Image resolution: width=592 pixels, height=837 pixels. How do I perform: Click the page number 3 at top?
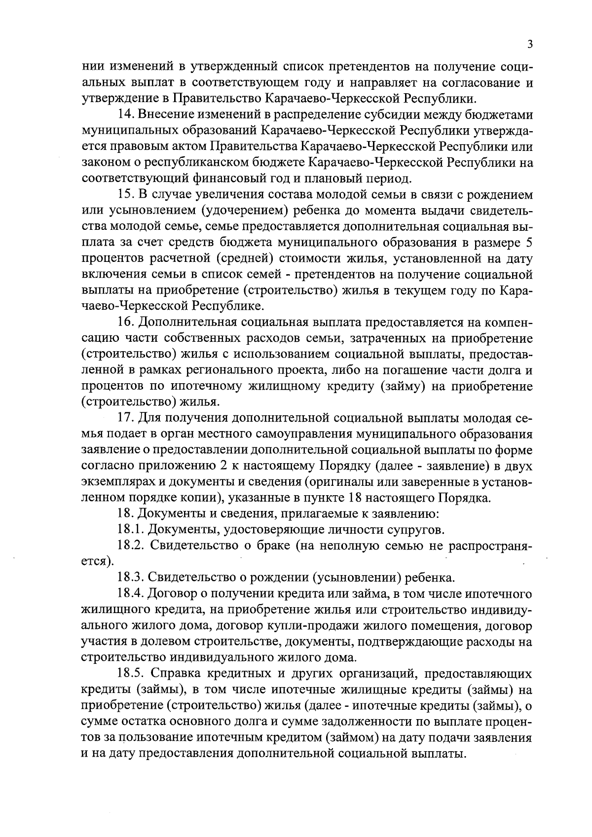tap(529, 44)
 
